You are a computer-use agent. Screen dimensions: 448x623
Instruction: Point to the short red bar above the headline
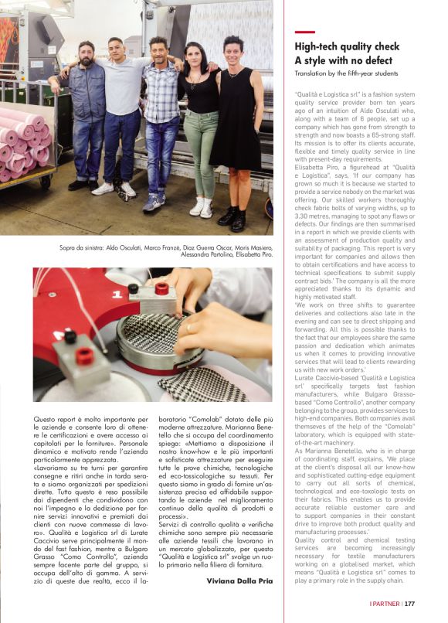304,32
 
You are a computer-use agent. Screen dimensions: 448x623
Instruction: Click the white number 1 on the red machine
117,295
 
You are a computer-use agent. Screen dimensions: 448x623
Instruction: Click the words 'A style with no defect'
344,60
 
